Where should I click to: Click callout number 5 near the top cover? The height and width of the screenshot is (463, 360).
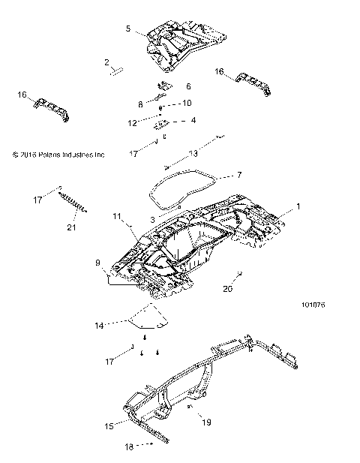[x=128, y=29]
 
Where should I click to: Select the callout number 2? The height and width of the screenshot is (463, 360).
[x=107, y=62]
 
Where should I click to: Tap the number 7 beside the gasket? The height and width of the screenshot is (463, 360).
[x=218, y=175]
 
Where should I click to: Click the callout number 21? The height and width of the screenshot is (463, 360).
[x=72, y=227]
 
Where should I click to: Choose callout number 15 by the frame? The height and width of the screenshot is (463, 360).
[x=109, y=427]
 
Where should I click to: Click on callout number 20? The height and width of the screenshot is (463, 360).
[x=229, y=287]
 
